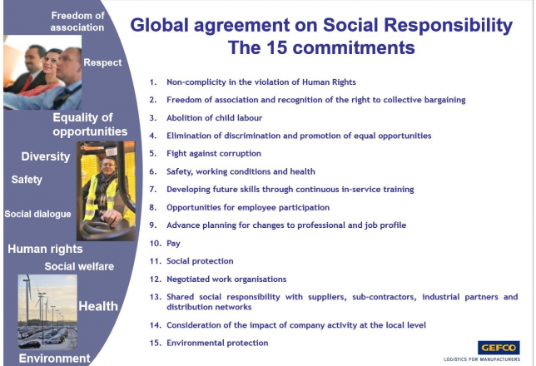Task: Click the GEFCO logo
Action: click(x=499, y=348)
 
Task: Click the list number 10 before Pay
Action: click(x=155, y=244)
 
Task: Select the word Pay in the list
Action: click(x=173, y=244)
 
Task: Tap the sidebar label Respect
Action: click(x=102, y=62)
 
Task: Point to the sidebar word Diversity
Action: click(x=46, y=156)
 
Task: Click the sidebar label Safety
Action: click(x=27, y=180)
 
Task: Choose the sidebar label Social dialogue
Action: click(x=37, y=215)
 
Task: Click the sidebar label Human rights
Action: click(x=45, y=249)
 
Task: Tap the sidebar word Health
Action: click(x=98, y=306)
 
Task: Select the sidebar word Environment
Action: click(x=54, y=359)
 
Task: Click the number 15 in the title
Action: click(x=277, y=47)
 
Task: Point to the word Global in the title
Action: click(x=159, y=25)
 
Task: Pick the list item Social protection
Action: click(x=200, y=261)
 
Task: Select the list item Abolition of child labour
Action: click(x=215, y=118)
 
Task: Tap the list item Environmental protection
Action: click(x=217, y=343)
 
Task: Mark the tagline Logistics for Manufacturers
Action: click(x=482, y=359)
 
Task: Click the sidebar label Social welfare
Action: click(x=79, y=266)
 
